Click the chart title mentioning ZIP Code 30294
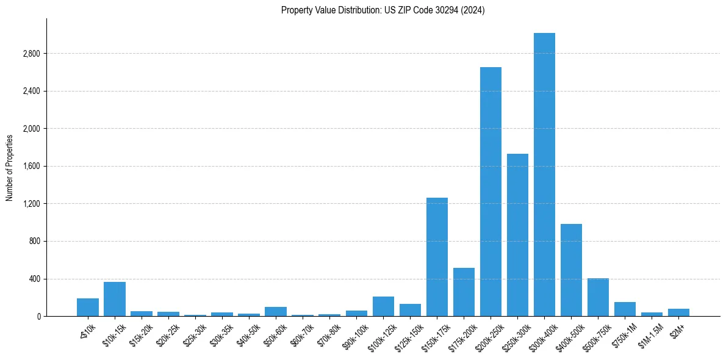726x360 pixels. point(383,10)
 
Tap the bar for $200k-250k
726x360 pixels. point(491,192)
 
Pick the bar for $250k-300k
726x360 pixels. point(517,235)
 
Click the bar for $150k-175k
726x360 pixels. point(437,257)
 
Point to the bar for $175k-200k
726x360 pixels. point(464,292)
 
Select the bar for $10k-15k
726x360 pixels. point(115,299)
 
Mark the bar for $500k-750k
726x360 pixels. point(598,297)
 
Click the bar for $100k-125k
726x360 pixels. point(383,306)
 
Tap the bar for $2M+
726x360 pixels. point(678,312)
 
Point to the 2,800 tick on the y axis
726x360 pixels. point(31,54)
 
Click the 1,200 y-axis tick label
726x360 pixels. point(31,204)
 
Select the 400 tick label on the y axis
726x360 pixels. point(34,279)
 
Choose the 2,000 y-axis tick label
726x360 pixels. point(31,129)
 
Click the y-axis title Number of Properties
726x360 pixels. point(10,167)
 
